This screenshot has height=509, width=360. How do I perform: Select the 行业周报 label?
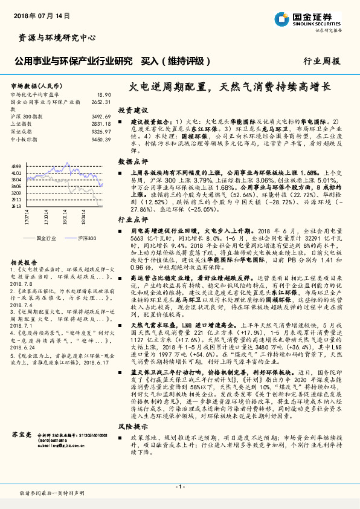323,61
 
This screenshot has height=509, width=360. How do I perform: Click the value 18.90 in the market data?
104,95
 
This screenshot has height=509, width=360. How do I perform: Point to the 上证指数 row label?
23,123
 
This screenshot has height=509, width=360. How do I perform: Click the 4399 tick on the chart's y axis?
16,166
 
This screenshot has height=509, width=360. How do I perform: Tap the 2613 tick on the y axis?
16,206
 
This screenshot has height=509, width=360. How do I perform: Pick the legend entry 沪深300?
82,239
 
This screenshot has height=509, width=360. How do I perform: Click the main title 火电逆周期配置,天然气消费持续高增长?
231,87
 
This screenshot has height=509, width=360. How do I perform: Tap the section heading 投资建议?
133,111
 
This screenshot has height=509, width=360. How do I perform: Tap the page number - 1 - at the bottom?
180,486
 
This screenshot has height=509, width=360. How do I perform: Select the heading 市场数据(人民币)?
33,86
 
